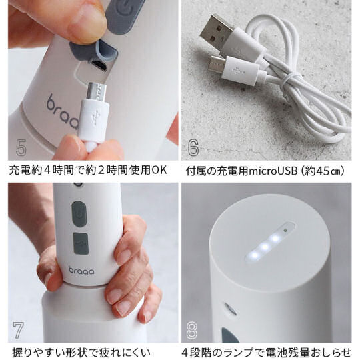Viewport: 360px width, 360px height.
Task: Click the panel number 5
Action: click(21, 147)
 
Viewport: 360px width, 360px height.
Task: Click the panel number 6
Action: click(193, 147)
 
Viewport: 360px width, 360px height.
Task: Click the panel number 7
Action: click(18, 330)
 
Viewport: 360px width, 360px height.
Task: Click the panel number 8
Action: click(192, 330)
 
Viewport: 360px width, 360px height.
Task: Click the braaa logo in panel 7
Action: click(81, 270)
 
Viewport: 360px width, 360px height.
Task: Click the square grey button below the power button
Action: click(81, 243)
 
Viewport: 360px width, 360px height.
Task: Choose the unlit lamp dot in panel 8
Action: click(285, 230)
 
